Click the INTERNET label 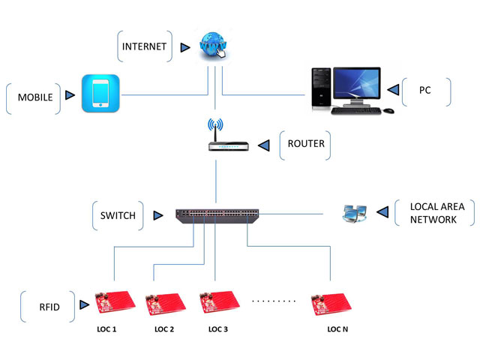pos(145,47)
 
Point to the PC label pos(424,90)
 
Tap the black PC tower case pos(321,90)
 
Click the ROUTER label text pos(306,143)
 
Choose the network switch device pos(215,216)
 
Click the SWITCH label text pos(118,215)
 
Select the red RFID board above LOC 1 pos(113,303)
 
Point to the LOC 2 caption pos(164,329)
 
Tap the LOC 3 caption pos(217,329)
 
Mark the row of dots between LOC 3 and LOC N pos(275,300)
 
